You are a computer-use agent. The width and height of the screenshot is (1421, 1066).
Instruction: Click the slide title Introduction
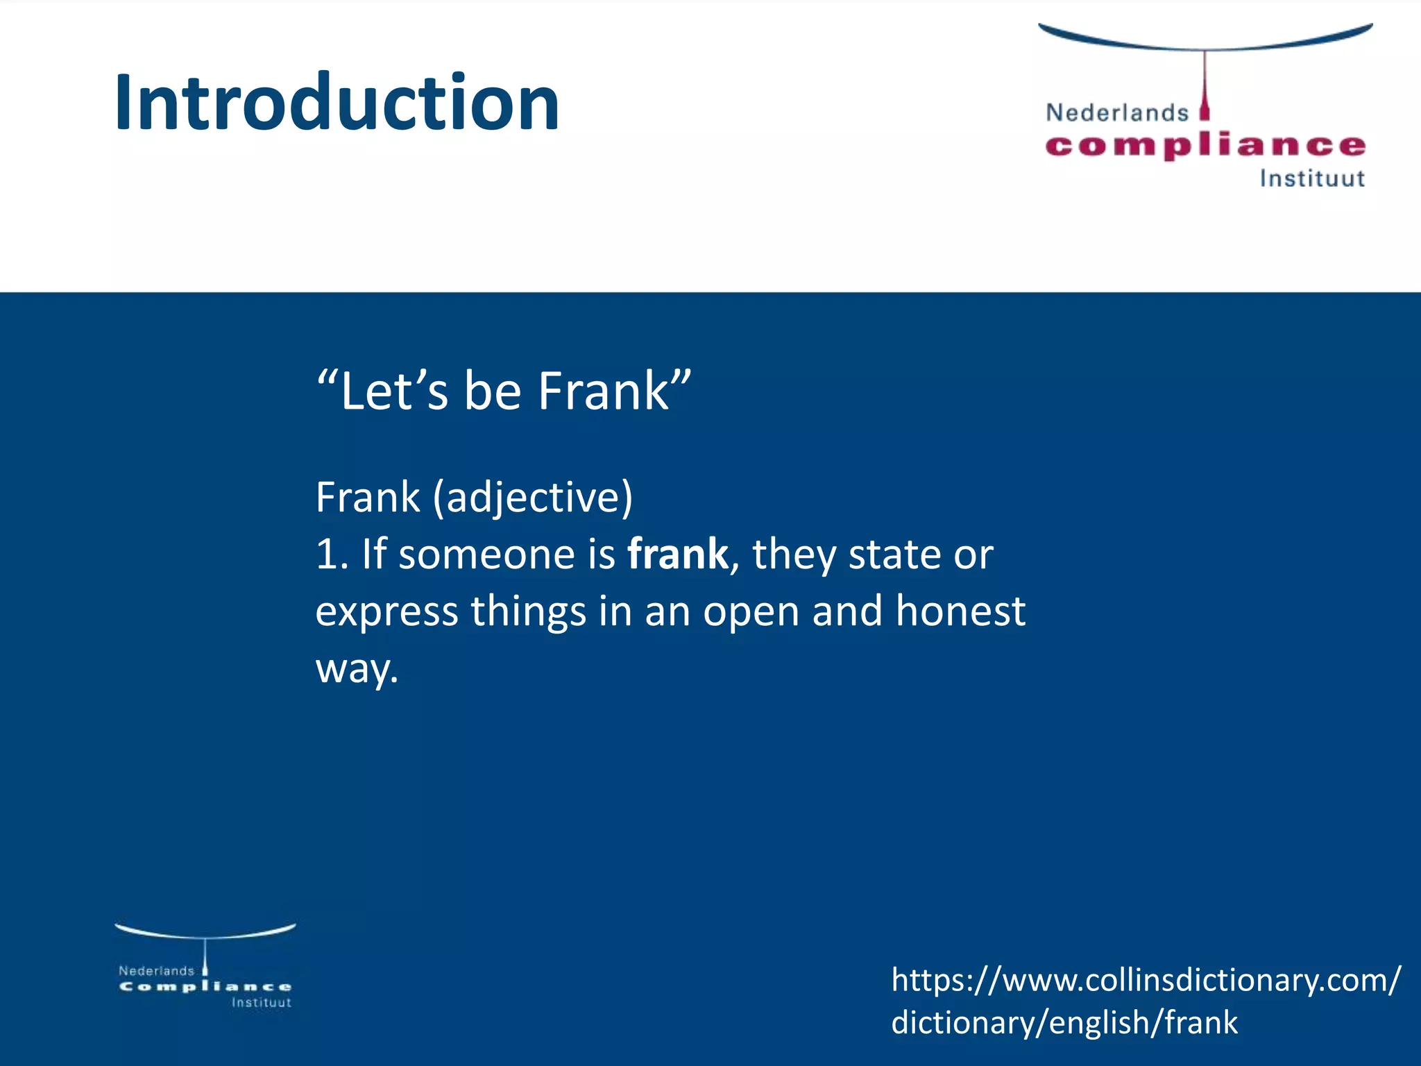pyautogui.click(x=337, y=103)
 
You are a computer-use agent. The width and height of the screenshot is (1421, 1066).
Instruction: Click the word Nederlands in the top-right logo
pyautogui.click(x=1116, y=112)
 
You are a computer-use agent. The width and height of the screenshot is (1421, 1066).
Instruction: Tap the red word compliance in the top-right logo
pyautogui.click(x=1205, y=146)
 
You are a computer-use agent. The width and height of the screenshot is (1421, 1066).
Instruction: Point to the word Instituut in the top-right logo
pyautogui.click(x=1312, y=179)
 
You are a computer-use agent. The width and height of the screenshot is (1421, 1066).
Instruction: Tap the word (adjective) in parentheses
pyautogui.click(x=533, y=497)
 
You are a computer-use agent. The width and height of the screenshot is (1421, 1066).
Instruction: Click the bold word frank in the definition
pyautogui.click(x=677, y=555)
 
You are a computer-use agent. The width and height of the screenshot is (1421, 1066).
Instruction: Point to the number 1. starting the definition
pyautogui.click(x=332, y=555)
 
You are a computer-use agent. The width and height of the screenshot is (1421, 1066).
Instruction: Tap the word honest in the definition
pyautogui.click(x=960, y=611)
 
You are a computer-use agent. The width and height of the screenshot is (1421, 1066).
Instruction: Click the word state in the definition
pyautogui.click(x=894, y=555)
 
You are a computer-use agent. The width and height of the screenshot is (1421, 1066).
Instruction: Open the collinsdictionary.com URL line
pyautogui.click(x=1146, y=980)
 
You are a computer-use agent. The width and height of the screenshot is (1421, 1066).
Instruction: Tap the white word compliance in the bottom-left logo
pyautogui.click(x=205, y=987)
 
